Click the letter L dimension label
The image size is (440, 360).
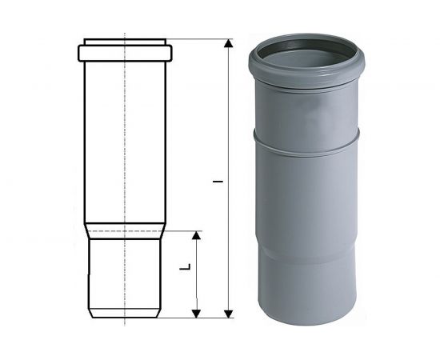click(186, 267)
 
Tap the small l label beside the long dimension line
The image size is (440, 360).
click(218, 182)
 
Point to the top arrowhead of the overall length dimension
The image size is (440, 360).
click(229, 43)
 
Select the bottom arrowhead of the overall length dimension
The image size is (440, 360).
click(229, 314)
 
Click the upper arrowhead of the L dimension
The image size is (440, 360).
click(197, 235)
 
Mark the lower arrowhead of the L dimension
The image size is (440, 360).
click(197, 314)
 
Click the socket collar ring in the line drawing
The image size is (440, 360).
click(125, 53)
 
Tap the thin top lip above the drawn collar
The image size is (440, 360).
click(125, 42)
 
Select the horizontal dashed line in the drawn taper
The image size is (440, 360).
click(125, 231)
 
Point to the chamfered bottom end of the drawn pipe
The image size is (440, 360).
click(125, 313)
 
